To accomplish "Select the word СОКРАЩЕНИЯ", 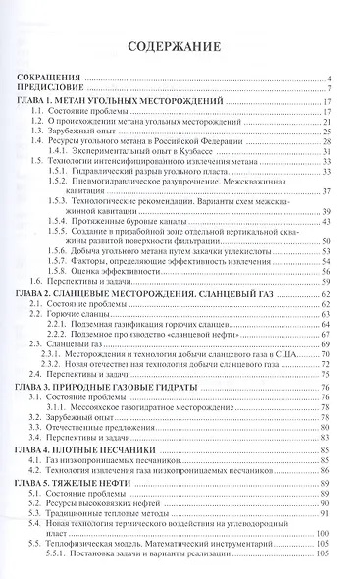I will (57, 79).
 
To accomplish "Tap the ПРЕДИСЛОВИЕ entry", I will (58, 90).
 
